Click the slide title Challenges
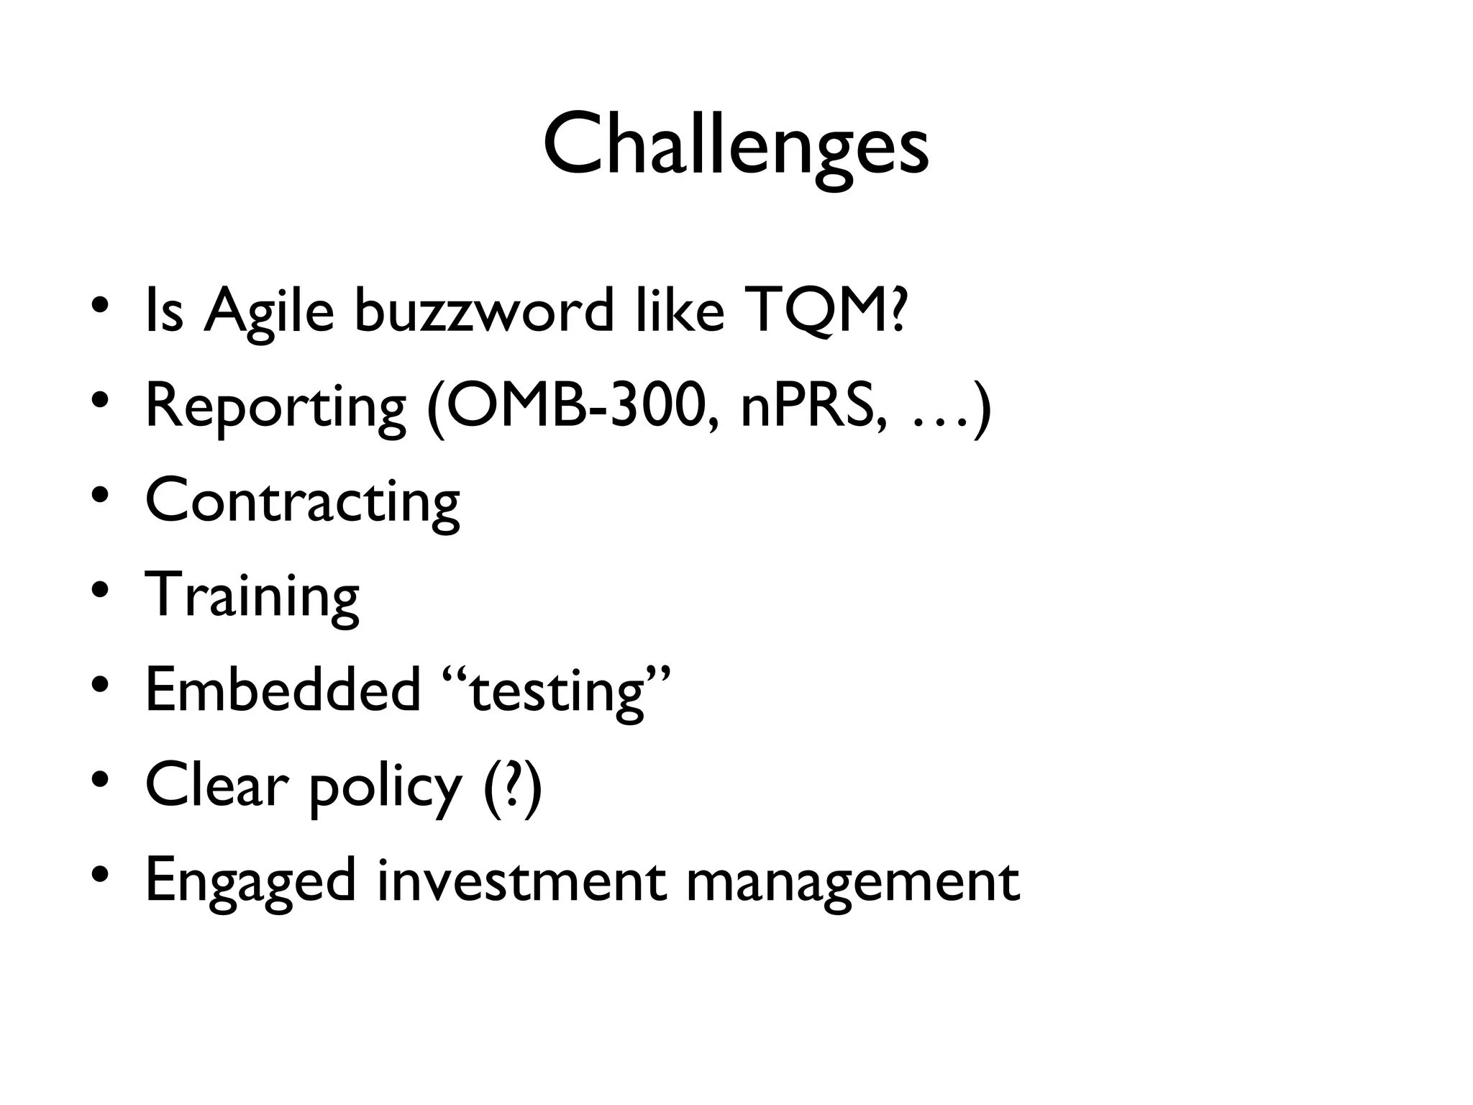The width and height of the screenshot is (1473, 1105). tap(736, 147)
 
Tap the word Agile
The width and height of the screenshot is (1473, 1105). tap(269, 311)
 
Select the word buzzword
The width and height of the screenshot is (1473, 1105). tap(484, 311)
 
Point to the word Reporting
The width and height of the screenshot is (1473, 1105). tap(275, 407)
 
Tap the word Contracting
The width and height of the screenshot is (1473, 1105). tap(302, 501)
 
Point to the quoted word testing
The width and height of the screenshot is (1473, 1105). tap(557, 692)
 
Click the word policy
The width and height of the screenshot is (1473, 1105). tap(385, 787)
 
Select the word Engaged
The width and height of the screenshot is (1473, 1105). tap(250, 882)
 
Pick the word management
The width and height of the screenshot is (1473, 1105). tap(852, 882)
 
